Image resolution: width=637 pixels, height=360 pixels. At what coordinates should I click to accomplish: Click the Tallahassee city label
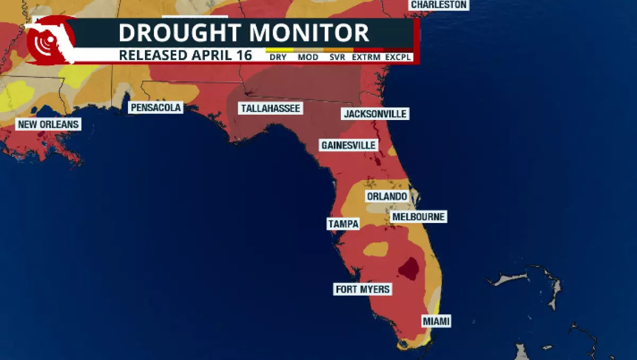(271, 108)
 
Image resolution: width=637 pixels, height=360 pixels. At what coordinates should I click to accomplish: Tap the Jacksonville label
(375, 114)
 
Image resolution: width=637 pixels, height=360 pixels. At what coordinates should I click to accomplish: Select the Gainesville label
(348, 145)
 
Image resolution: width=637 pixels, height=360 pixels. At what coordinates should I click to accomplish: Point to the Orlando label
(387, 196)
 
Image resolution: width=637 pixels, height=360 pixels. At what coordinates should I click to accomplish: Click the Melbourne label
(418, 217)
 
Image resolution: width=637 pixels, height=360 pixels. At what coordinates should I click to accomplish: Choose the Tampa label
(343, 224)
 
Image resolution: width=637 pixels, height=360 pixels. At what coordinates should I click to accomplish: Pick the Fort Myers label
(363, 289)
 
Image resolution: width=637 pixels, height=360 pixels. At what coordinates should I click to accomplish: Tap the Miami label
(436, 321)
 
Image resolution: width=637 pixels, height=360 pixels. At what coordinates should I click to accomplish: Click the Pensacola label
(156, 108)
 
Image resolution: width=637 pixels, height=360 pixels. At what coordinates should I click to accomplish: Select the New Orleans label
(48, 125)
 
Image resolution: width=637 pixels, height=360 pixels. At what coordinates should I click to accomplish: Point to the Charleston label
(439, 5)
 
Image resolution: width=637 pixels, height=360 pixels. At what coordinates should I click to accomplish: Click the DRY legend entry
(278, 57)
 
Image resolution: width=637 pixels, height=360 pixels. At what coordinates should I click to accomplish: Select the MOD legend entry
(308, 57)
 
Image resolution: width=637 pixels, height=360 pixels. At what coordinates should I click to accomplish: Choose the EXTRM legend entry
(366, 57)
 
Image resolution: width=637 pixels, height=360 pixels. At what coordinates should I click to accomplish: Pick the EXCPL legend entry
(398, 57)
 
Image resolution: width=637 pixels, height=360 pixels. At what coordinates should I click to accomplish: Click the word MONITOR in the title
(309, 33)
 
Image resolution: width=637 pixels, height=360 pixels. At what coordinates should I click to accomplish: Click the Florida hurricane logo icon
(49, 41)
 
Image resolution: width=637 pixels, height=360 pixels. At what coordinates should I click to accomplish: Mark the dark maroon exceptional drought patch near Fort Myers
(409, 268)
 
